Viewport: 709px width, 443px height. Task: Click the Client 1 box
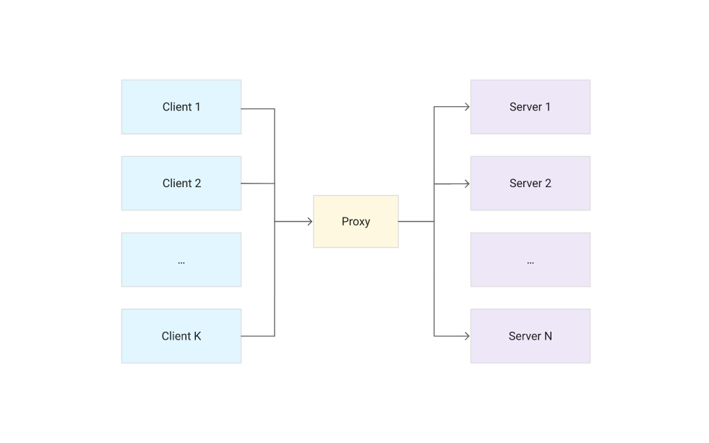(x=181, y=107)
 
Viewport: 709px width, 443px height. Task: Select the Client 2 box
(x=181, y=184)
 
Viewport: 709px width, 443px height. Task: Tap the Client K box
(x=181, y=336)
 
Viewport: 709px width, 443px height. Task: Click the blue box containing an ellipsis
(x=181, y=260)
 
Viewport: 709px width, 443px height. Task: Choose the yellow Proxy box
(x=356, y=222)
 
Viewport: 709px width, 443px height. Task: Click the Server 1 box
(x=530, y=107)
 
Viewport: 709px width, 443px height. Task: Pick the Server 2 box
(x=530, y=184)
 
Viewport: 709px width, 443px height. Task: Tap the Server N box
(x=530, y=336)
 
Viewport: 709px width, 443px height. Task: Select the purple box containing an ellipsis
(x=530, y=260)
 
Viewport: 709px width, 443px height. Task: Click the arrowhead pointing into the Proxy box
(x=309, y=222)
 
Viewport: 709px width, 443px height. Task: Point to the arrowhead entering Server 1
(x=466, y=108)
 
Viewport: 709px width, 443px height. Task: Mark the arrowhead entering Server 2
(x=466, y=184)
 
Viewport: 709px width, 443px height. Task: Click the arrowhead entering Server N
(x=466, y=336)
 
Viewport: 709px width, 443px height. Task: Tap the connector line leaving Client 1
(x=257, y=109)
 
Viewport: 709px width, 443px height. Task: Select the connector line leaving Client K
(x=257, y=336)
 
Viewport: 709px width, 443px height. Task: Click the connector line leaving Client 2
(x=257, y=184)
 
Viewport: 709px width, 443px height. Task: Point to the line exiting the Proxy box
(x=416, y=222)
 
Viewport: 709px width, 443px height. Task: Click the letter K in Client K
(x=197, y=336)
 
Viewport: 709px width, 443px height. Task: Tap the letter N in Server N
(x=548, y=336)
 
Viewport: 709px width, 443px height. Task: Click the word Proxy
(x=356, y=222)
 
